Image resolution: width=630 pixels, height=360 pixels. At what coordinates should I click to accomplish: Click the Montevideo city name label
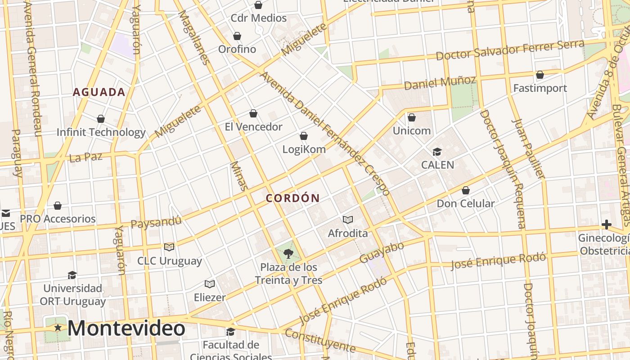(126, 328)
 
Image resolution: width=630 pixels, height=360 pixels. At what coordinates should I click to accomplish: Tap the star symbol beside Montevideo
(58, 328)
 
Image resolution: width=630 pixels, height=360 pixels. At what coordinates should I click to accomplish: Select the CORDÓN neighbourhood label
(292, 198)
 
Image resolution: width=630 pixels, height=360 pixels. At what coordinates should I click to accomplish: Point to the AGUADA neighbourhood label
(99, 92)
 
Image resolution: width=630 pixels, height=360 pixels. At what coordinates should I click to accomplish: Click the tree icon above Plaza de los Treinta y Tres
(288, 253)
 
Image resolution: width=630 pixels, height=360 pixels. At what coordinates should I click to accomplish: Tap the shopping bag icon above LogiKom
(304, 136)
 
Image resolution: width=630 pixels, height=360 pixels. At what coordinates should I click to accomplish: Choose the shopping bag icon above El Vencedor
(253, 113)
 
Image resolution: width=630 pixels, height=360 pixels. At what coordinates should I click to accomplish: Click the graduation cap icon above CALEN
(437, 152)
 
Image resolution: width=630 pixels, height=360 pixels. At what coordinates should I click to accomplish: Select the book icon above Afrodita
(347, 220)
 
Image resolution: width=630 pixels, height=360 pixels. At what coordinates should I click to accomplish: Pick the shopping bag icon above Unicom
(411, 117)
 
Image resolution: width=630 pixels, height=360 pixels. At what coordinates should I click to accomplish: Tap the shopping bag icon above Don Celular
(466, 190)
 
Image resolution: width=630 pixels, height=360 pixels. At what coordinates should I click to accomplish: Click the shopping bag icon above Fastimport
(540, 75)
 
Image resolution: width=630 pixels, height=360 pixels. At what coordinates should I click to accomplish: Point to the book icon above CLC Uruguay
(169, 247)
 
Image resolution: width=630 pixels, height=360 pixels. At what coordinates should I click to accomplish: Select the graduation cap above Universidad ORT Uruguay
(72, 275)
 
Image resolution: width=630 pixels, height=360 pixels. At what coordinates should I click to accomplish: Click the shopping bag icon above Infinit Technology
(101, 119)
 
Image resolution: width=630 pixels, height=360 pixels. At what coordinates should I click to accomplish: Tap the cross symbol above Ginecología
(607, 225)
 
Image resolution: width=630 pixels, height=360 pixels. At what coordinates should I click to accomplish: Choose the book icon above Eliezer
(209, 284)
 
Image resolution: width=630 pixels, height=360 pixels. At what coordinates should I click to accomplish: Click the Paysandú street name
(156, 222)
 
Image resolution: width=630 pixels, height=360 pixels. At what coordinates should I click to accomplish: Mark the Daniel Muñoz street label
(440, 83)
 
